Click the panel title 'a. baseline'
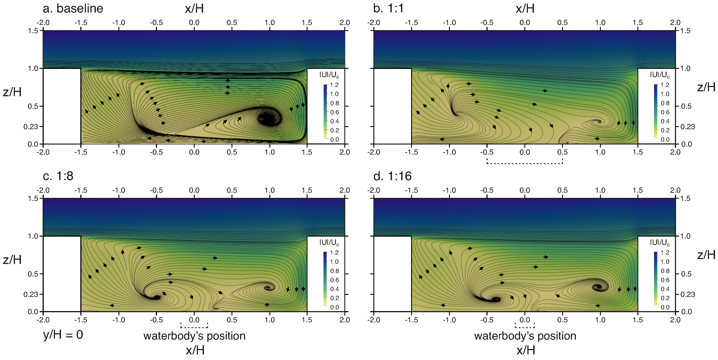click(73, 8)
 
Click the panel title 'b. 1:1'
click(388, 8)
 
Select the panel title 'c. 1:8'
click(58, 176)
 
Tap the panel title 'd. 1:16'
click(392, 176)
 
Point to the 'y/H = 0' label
click(63, 334)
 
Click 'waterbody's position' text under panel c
click(194, 336)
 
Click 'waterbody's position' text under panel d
click(525, 336)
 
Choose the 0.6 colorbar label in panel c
click(334, 280)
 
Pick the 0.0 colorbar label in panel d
click(665, 307)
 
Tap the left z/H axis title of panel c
click(12, 259)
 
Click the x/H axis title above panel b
click(525, 9)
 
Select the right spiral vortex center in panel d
click(598, 287)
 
